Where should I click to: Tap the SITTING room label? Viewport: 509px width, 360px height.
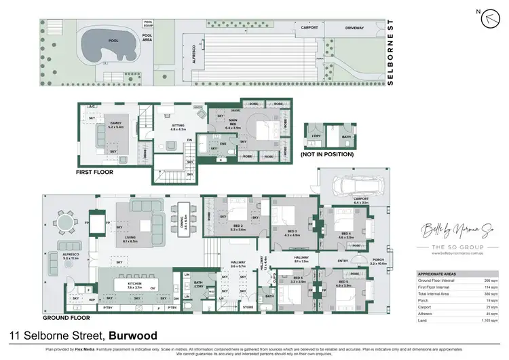pos(177,126)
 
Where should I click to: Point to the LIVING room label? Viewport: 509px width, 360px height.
pos(130,238)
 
